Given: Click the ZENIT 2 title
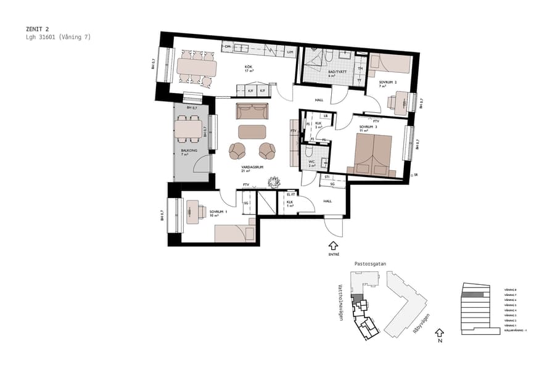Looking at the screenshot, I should pos(38,28).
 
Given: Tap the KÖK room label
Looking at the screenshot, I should pos(249,67).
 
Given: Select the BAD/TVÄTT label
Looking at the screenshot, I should pos(337,72).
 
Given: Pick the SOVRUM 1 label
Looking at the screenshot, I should pos(218,212).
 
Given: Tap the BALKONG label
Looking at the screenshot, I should pos(189,150).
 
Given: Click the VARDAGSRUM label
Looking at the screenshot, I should pos(253,167).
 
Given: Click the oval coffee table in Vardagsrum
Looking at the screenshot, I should pos(252,131).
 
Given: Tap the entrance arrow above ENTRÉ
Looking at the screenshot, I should pos(334,245).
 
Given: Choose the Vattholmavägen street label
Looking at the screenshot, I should pos(341,303).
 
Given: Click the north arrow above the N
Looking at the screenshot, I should pos(440,331).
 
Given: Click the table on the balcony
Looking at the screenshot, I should pos(189,128).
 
